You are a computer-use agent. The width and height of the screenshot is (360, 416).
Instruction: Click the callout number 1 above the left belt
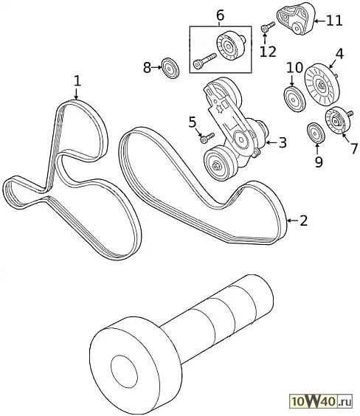tap(77, 81)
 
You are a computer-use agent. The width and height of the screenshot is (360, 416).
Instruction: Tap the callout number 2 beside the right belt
tap(303, 221)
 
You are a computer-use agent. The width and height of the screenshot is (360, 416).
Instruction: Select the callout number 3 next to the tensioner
tap(283, 142)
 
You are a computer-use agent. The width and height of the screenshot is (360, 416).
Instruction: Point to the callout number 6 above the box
tap(220, 15)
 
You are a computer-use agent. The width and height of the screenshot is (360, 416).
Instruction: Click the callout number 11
tap(334, 21)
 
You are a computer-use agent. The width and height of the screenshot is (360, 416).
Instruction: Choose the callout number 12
tap(268, 52)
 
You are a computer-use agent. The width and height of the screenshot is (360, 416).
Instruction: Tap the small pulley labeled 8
tap(170, 68)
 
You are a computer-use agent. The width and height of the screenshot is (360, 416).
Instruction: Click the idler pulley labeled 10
tap(294, 98)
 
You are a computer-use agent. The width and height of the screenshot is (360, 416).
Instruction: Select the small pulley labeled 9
tap(316, 133)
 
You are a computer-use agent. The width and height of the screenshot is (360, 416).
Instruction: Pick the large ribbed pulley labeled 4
tap(322, 85)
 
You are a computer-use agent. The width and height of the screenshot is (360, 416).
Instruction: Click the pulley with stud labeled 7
tap(339, 120)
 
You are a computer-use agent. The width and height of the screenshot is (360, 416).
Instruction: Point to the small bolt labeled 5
tap(207, 138)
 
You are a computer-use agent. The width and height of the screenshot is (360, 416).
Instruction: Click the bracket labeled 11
tap(297, 18)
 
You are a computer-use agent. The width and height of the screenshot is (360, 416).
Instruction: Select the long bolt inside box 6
tap(205, 60)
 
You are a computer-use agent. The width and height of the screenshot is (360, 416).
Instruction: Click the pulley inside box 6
tap(229, 47)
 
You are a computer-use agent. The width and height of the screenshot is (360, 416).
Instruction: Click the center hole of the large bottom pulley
tap(125, 370)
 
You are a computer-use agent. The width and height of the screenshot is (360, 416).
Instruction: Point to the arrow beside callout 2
tap(293, 221)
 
